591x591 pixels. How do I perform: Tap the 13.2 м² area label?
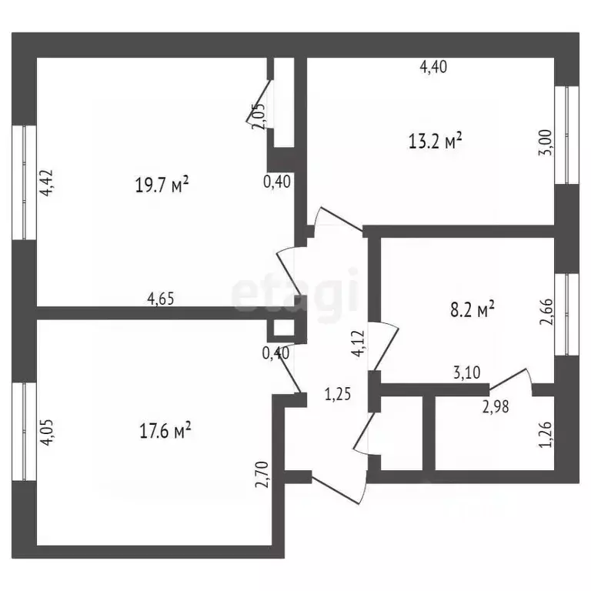(x=436, y=141)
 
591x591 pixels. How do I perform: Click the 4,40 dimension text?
(x=433, y=67)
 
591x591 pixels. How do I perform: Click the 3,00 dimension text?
(x=544, y=144)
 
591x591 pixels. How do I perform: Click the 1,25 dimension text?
(x=337, y=396)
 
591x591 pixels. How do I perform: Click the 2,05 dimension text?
(x=259, y=117)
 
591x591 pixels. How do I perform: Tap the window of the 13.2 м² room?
(x=570, y=135)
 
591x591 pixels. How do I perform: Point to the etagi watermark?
(x=295, y=290)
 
